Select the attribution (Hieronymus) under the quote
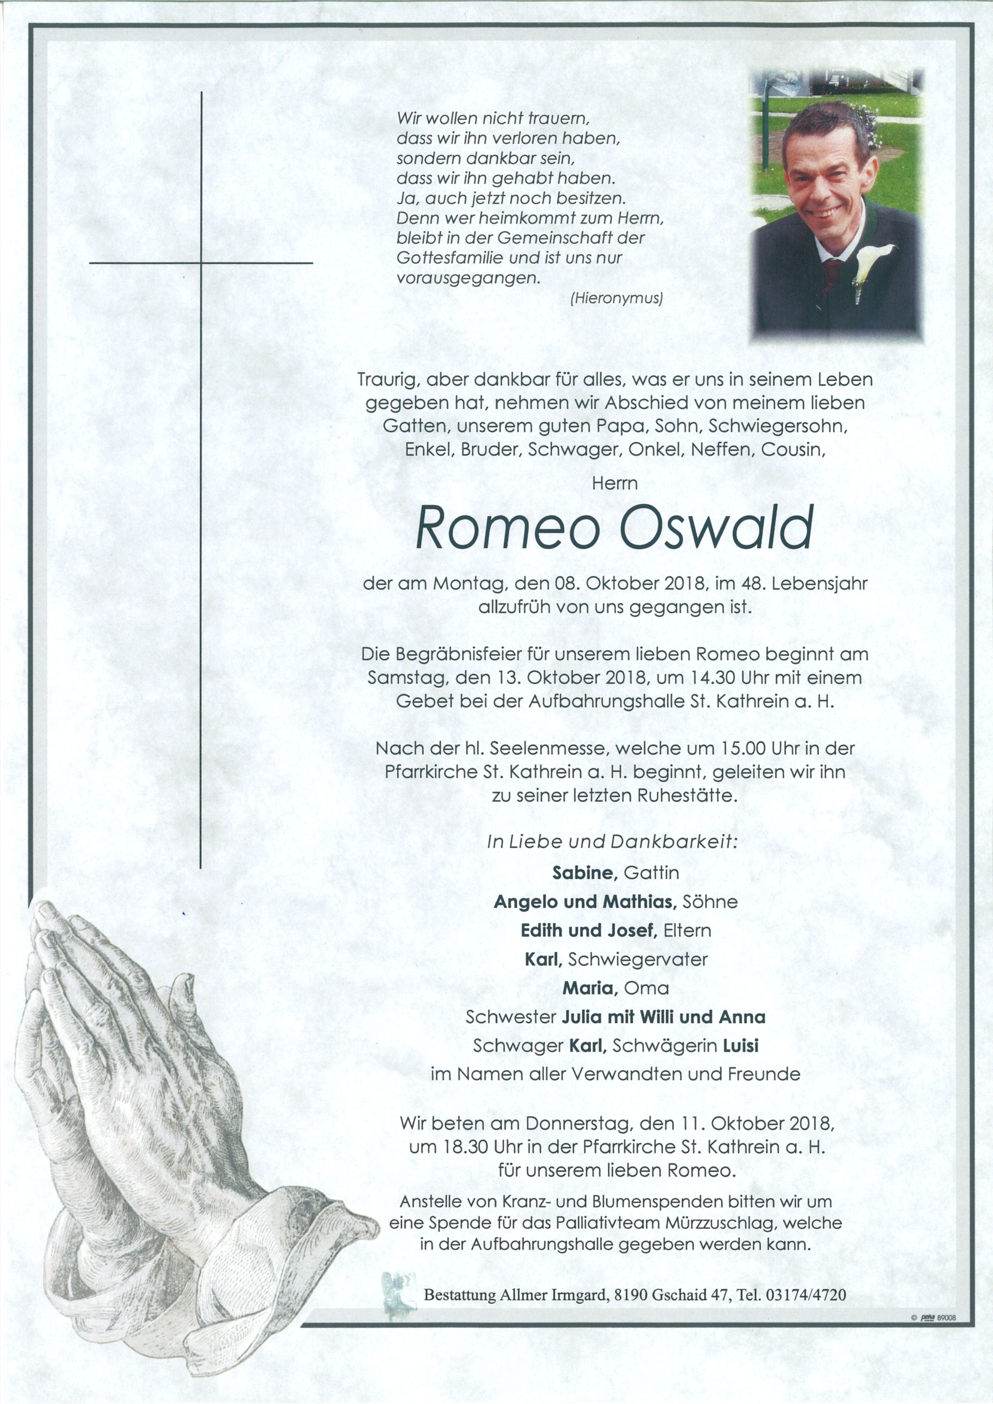coord(616,298)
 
